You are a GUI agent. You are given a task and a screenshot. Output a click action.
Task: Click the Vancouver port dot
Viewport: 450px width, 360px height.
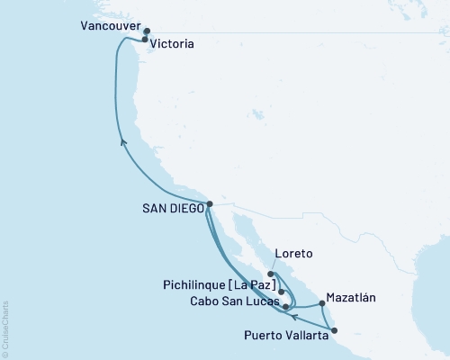(147, 31)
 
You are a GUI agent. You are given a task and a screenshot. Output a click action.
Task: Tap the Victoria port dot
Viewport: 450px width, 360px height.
(145, 40)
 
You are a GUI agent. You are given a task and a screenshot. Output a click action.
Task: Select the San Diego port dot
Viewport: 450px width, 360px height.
(210, 204)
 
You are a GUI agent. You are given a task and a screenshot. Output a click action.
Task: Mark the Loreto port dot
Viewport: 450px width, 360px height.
(270, 274)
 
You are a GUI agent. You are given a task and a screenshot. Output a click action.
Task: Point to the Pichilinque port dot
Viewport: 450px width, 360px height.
(282, 292)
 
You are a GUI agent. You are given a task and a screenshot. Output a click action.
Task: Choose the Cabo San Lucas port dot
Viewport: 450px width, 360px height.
(286, 307)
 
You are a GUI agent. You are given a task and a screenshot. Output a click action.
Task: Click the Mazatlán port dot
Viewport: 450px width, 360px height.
(322, 304)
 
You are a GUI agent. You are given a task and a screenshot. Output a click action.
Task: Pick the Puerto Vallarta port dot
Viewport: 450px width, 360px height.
(335, 330)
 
